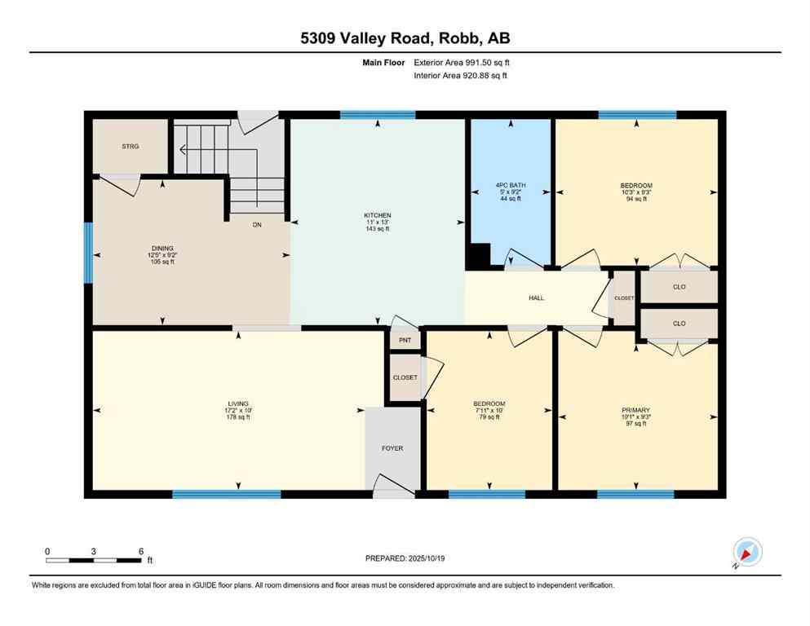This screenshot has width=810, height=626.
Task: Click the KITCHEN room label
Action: click(377, 215)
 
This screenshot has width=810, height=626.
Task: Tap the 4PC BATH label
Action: click(511, 186)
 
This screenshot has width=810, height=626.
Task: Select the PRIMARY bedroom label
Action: click(635, 410)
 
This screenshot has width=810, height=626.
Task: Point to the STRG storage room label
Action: click(131, 147)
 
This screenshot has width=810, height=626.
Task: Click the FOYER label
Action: click(392, 448)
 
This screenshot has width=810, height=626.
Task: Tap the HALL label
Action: click(536, 298)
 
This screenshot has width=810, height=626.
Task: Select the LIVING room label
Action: click(237, 403)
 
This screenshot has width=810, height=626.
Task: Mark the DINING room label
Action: click(162, 248)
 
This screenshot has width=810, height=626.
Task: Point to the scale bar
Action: click(94, 560)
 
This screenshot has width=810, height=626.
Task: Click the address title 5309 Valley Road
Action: click(405, 38)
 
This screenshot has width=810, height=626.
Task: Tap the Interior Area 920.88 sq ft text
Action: click(462, 76)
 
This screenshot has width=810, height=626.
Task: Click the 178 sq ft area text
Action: click(237, 417)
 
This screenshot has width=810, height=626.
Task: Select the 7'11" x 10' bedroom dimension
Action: click(489, 411)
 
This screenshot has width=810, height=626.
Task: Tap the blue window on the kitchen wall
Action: click(378, 115)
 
